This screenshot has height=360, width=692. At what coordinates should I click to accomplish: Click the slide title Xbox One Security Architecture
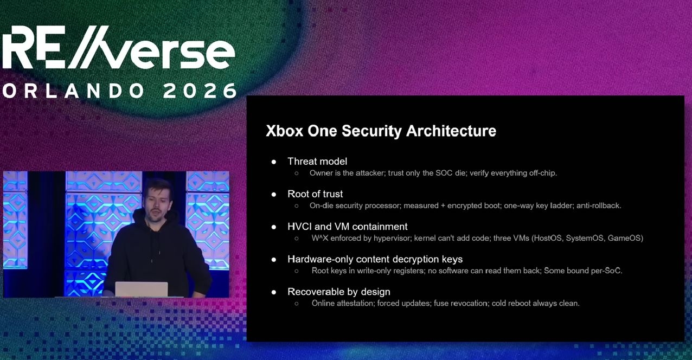pyautogui.click(x=381, y=131)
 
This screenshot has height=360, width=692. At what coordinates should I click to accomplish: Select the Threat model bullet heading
pyautogui.click(x=317, y=162)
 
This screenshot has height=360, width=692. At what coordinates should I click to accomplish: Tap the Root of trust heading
pyautogui.click(x=315, y=194)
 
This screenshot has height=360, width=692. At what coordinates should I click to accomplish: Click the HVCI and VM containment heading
pyautogui.click(x=347, y=227)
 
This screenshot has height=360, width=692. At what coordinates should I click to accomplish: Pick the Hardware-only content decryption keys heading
pyautogui.click(x=375, y=259)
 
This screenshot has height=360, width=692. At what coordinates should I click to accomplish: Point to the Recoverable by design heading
pyautogui.click(x=338, y=292)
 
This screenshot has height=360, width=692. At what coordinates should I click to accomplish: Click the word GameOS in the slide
pyautogui.click(x=625, y=238)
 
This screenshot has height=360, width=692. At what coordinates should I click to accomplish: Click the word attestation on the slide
pyautogui.click(x=355, y=303)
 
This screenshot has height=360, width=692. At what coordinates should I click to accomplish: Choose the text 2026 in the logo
pyautogui.click(x=200, y=91)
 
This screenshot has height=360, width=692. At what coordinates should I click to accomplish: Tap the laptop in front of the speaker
pyautogui.click(x=141, y=289)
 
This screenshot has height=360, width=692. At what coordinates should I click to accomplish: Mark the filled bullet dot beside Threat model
pyautogui.click(x=274, y=162)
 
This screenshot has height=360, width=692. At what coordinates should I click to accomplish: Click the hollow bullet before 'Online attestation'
pyautogui.click(x=297, y=303)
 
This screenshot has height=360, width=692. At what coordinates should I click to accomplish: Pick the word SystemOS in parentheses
pyautogui.click(x=585, y=238)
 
